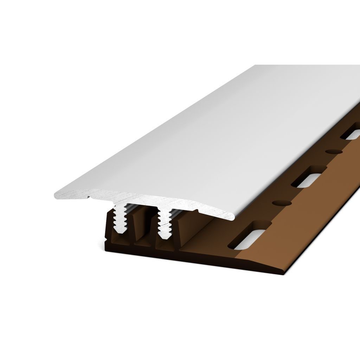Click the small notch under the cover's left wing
coord(90,198)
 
